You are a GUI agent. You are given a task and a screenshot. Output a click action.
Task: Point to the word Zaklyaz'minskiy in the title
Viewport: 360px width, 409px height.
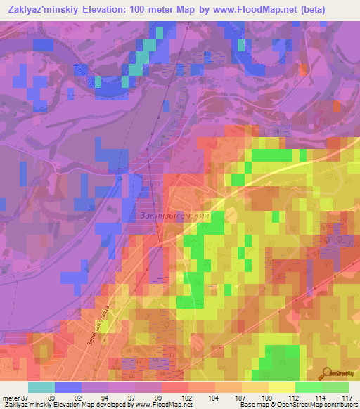coord(45,7)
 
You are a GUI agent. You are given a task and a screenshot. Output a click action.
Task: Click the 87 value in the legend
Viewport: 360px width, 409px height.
coord(27,397)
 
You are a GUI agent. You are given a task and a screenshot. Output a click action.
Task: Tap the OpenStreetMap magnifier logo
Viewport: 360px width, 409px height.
coord(325,374)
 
